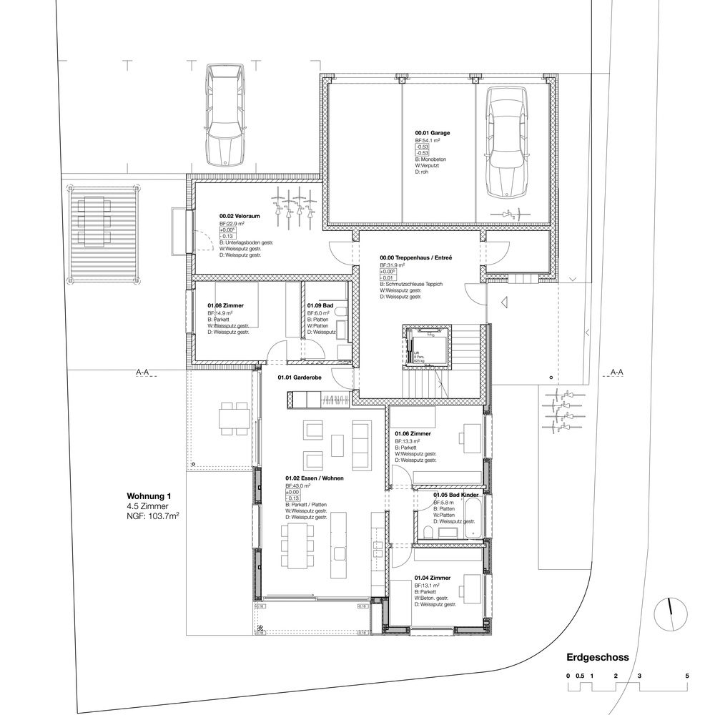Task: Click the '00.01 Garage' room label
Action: coord(433,133)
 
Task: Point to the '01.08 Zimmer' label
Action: coord(225,305)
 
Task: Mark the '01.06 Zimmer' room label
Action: coord(413,433)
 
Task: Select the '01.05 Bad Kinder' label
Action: coord(455,495)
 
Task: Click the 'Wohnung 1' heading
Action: coord(149,495)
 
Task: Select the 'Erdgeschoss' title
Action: coord(597,657)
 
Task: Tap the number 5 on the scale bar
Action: coord(686,676)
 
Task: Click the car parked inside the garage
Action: coord(506,143)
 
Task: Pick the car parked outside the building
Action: coord(225,113)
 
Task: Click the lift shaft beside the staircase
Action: coord(425,345)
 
